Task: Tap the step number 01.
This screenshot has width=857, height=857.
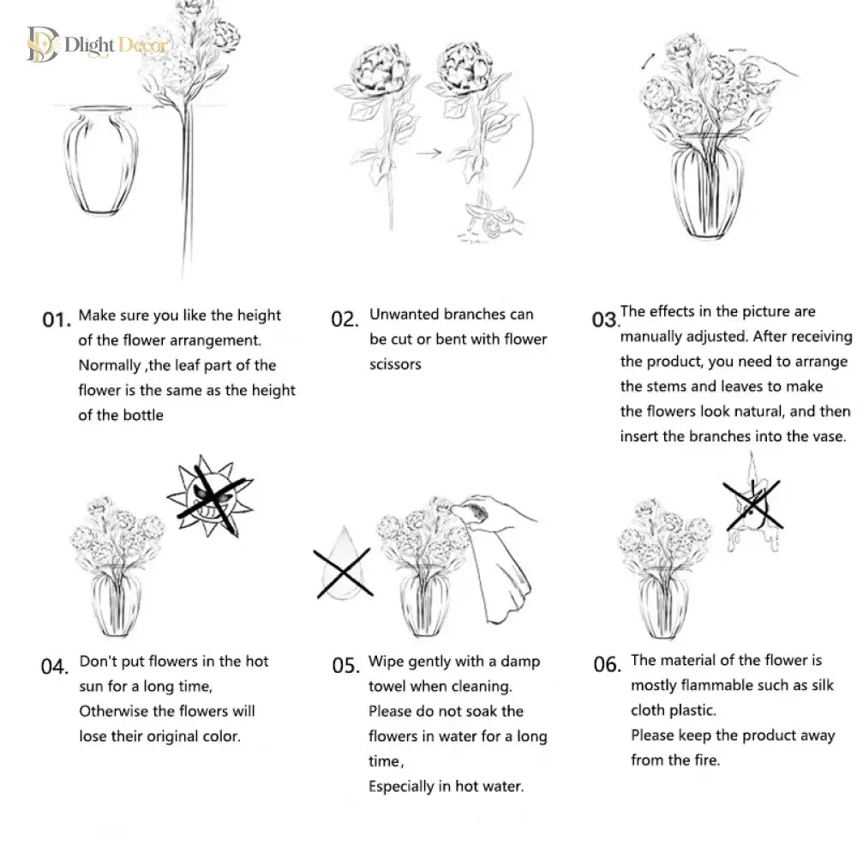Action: [x=57, y=319]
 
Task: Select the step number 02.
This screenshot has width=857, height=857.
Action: [x=345, y=319]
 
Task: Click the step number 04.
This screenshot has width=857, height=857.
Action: [x=55, y=666]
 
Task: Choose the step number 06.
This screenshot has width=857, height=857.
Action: [x=608, y=664]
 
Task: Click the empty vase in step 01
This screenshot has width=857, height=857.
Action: [x=100, y=159]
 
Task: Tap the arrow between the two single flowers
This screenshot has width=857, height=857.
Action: [x=428, y=153]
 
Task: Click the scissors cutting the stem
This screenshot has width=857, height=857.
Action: [x=488, y=219]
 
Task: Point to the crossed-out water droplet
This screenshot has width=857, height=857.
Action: [x=344, y=565]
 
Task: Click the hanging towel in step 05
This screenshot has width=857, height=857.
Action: [x=500, y=574]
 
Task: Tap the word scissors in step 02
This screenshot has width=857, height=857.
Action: [x=395, y=364]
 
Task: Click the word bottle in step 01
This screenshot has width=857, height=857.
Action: [x=146, y=415]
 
